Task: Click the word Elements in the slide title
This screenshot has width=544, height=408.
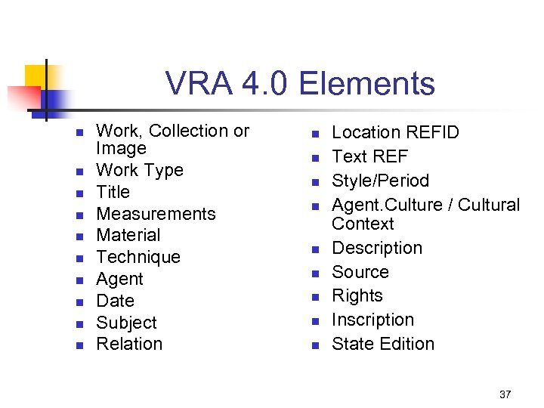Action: tap(367, 85)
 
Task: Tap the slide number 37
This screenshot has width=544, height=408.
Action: tap(505, 394)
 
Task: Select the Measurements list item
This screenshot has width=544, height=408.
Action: tap(156, 214)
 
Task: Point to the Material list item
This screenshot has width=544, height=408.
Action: tap(128, 235)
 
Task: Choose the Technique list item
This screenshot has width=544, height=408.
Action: tap(138, 257)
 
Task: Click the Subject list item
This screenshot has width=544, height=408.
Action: tap(126, 323)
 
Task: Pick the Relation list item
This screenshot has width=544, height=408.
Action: tap(129, 344)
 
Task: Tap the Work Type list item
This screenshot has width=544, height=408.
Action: tap(140, 170)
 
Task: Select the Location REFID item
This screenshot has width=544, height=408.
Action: tap(395, 132)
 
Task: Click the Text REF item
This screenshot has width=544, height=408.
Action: tap(369, 156)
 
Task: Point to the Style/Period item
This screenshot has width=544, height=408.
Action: tap(380, 181)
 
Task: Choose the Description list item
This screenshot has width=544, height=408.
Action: tap(377, 248)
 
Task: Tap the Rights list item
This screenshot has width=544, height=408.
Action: tap(357, 295)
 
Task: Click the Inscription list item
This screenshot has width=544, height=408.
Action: tap(372, 320)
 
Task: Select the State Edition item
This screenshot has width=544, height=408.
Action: tap(383, 344)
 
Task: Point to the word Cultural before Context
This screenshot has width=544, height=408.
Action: tap(489, 205)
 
